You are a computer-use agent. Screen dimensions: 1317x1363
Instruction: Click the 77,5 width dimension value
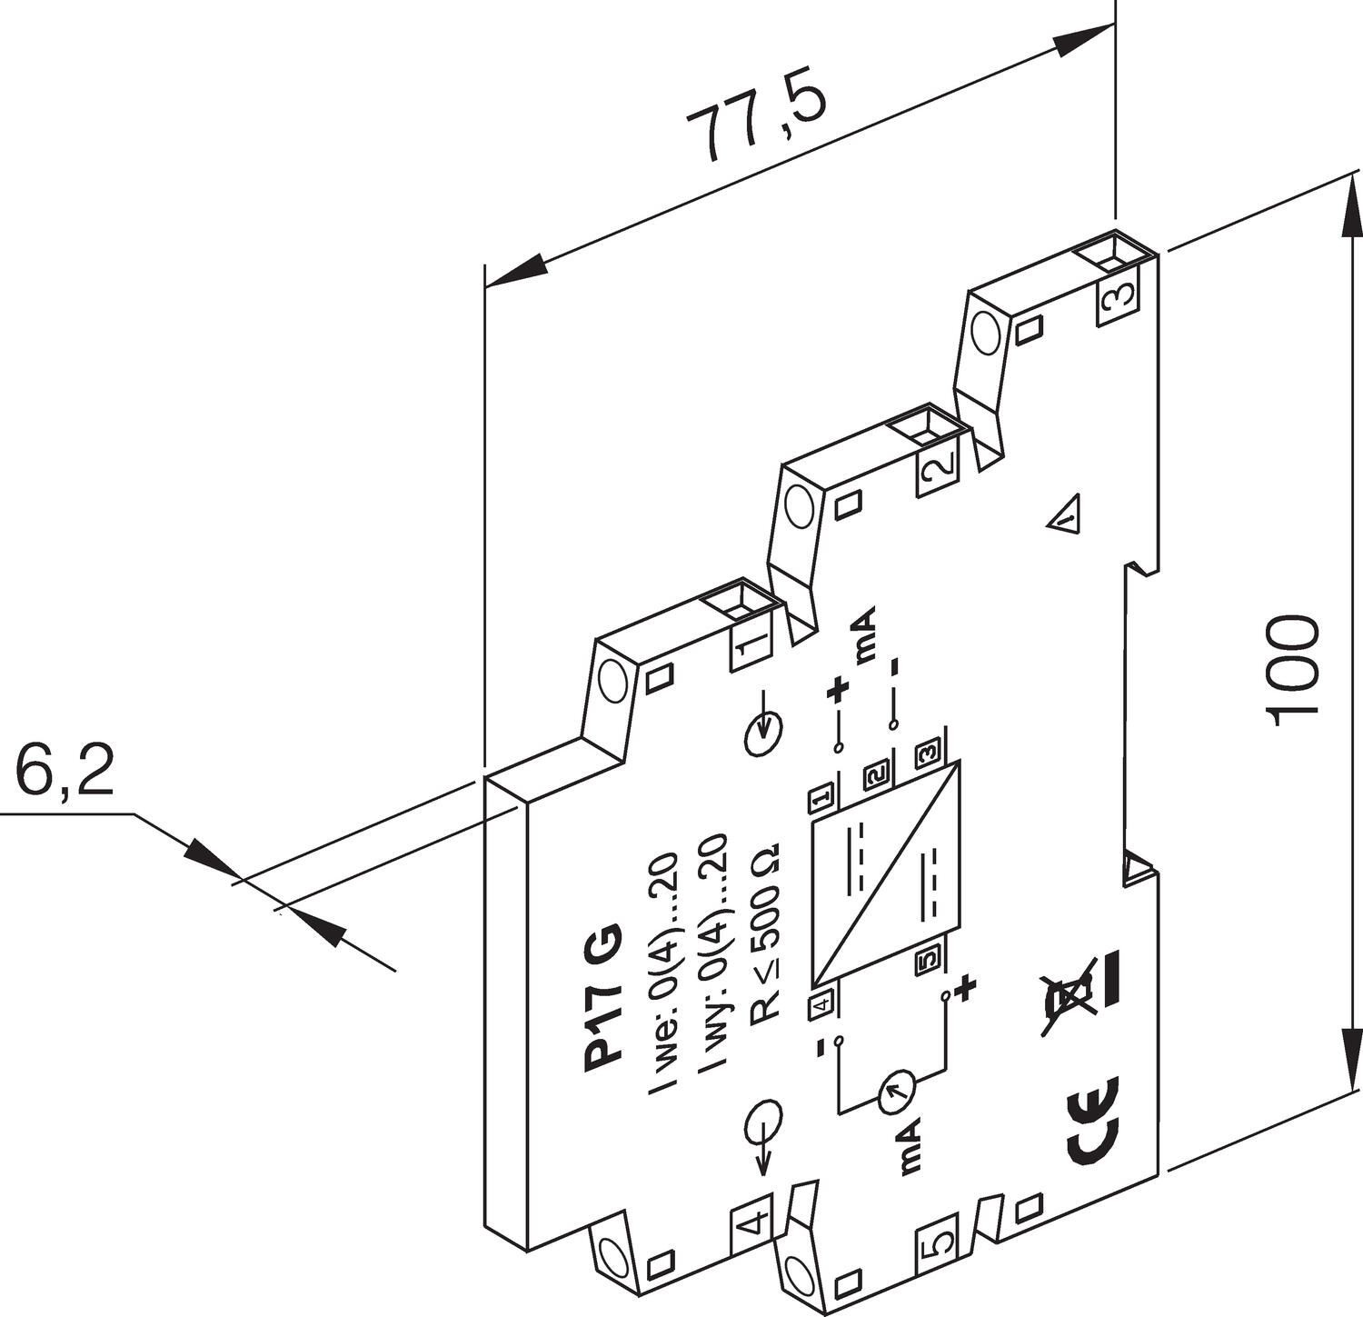(756, 125)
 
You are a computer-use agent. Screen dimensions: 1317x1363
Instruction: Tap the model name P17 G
(602, 998)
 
